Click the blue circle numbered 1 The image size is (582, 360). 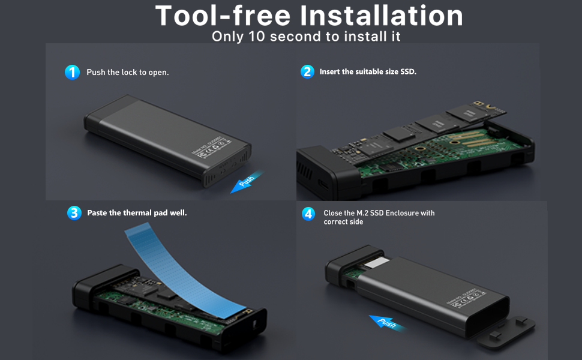(72, 73)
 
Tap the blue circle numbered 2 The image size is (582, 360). (307, 72)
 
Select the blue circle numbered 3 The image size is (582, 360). (74, 213)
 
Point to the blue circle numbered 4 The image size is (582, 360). (308, 214)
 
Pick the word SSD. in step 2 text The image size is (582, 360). (408, 71)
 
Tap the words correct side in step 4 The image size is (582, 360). (343, 222)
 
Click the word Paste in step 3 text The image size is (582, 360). (97, 213)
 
